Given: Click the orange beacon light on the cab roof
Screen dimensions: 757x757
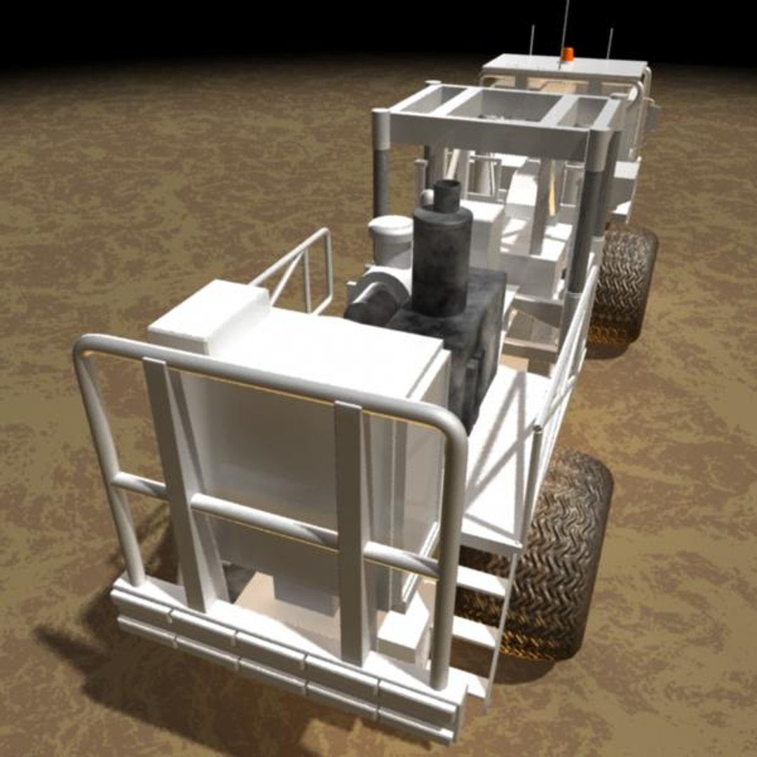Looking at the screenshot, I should coord(568,54).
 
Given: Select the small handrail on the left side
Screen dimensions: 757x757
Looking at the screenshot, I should coord(301,270).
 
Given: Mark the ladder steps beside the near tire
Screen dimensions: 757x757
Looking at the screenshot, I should coord(477,603).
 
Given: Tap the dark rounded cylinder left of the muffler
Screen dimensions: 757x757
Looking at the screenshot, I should coord(375,301).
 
